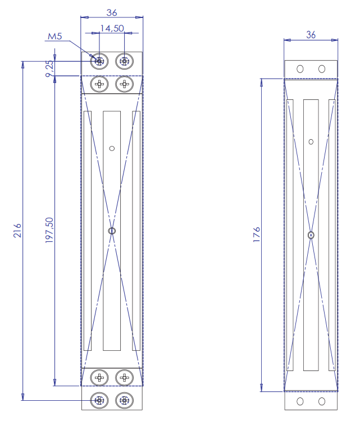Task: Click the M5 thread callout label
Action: (x=54, y=37)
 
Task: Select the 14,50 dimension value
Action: (x=112, y=28)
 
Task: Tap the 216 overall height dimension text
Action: (x=17, y=231)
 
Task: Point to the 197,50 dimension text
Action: (x=49, y=230)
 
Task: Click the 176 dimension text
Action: (x=257, y=234)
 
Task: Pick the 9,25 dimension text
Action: (x=49, y=68)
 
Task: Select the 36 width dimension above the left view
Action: (x=111, y=12)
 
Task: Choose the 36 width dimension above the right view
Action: (x=311, y=35)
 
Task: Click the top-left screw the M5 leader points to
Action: (x=99, y=61)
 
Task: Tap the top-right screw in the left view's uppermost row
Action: (x=124, y=61)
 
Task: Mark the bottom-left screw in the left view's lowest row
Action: (x=99, y=400)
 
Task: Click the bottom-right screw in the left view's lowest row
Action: (x=124, y=400)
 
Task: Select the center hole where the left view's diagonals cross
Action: (x=112, y=231)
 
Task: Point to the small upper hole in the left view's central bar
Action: (x=112, y=148)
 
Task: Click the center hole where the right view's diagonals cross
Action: (x=311, y=235)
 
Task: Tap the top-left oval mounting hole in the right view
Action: (x=300, y=68)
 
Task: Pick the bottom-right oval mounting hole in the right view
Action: (x=322, y=401)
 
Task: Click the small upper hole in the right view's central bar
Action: (x=311, y=141)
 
